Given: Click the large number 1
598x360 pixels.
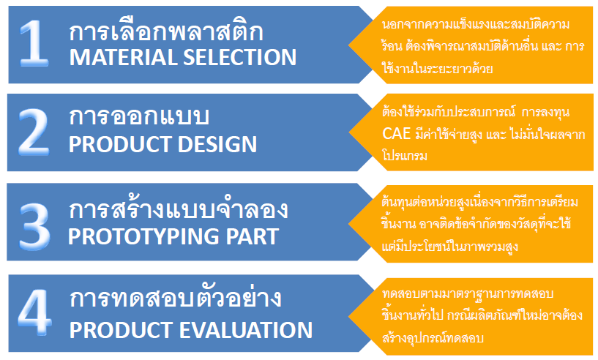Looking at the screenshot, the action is (x=34, y=43).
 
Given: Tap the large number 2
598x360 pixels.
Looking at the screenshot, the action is (x=34, y=132).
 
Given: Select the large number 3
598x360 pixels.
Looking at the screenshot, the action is (x=34, y=226).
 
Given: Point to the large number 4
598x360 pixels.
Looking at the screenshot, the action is (x=34, y=312).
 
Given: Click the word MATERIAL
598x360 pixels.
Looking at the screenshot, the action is (x=123, y=57).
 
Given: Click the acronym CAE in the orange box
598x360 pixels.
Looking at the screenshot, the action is (x=396, y=134).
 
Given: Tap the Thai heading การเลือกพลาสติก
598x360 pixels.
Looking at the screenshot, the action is (x=166, y=31).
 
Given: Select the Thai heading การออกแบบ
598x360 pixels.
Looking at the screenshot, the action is (x=139, y=116).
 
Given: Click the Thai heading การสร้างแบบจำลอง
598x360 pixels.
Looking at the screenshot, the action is (x=179, y=209).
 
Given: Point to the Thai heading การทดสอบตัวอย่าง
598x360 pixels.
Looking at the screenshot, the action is (x=176, y=298).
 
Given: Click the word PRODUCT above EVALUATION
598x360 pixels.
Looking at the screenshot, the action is (x=121, y=330).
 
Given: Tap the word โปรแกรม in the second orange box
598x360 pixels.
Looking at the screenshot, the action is (x=405, y=156).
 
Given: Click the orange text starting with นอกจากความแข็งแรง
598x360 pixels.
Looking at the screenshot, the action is (x=483, y=46).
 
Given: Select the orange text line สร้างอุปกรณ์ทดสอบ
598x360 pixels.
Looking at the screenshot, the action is (x=433, y=338).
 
